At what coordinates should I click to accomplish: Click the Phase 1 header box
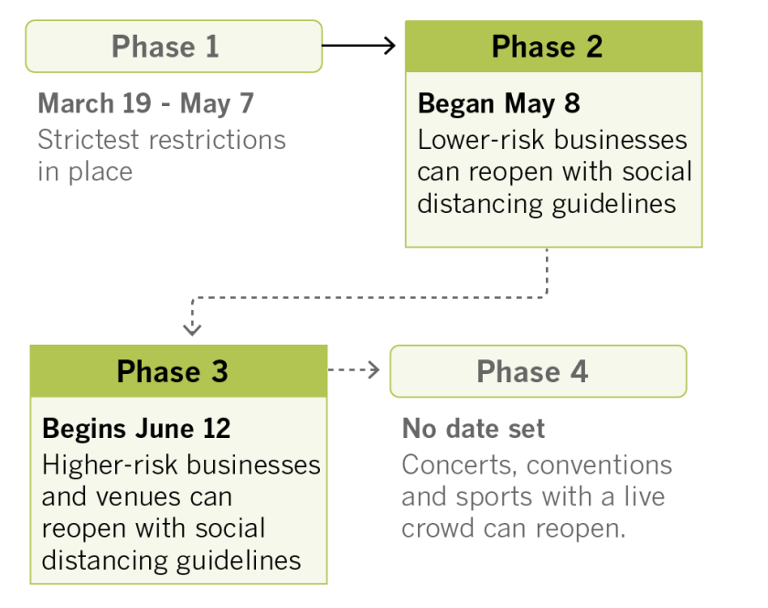(x=174, y=47)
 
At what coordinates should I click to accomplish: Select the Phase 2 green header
(x=553, y=47)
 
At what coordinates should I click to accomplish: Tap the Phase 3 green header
(x=178, y=371)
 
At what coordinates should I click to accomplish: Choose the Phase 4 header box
(x=538, y=371)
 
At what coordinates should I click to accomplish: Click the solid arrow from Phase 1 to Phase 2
(x=358, y=44)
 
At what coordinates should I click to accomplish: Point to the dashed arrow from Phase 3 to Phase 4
(x=354, y=370)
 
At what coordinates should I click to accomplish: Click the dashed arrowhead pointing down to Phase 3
(x=192, y=326)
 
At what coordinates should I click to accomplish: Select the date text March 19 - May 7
(x=146, y=103)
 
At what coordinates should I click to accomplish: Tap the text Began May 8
(x=498, y=103)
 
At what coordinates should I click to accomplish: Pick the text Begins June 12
(x=136, y=428)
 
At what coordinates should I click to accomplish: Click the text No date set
(x=474, y=428)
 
